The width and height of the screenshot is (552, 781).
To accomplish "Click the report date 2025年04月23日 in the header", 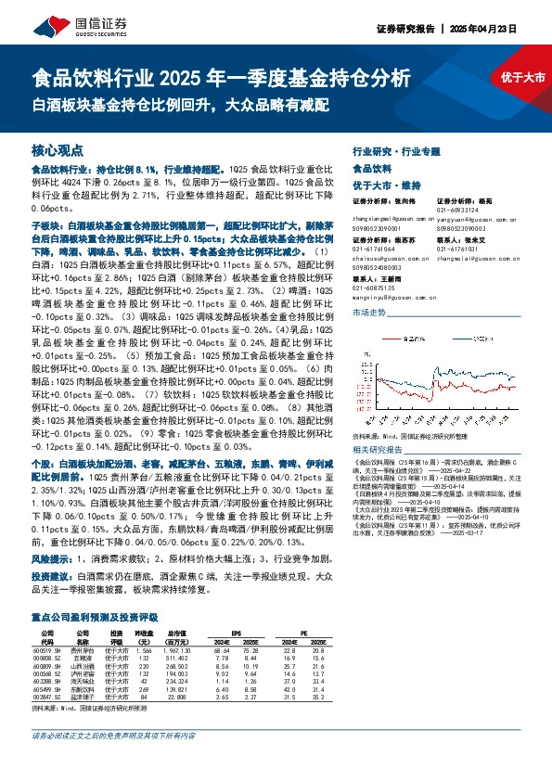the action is (x=484, y=29).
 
